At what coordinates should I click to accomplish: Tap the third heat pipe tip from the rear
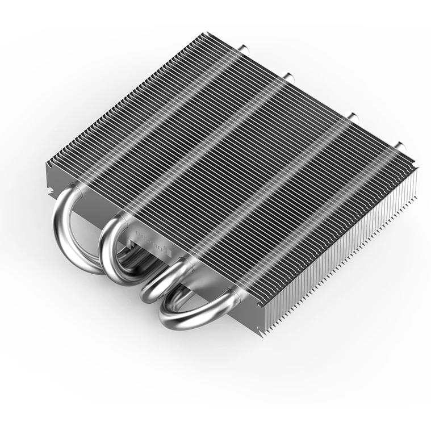[x=353, y=117]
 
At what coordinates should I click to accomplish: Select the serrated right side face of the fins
[x=346, y=250]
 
